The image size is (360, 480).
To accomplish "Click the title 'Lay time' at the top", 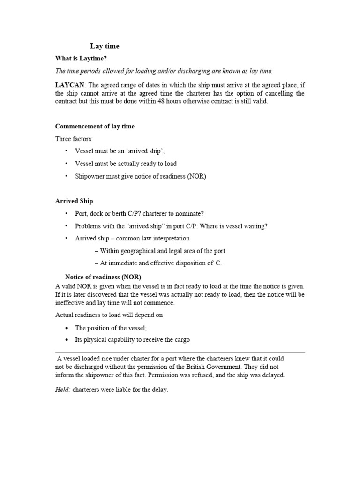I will point(105,46).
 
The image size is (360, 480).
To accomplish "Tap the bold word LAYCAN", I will point(69,85).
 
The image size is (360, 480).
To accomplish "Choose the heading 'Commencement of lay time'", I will point(95,127).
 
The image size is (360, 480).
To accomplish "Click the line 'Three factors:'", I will point(74,139).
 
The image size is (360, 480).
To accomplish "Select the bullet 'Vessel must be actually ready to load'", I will point(126,164).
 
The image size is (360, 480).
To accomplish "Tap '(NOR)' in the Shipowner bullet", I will point(196,177).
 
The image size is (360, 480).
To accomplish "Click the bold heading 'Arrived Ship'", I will point(74,201).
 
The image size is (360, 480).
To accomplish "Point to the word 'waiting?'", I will point(255,226).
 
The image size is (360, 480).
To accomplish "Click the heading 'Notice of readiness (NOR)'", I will point(103,276).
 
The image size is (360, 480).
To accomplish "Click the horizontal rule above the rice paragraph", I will point(180,352).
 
